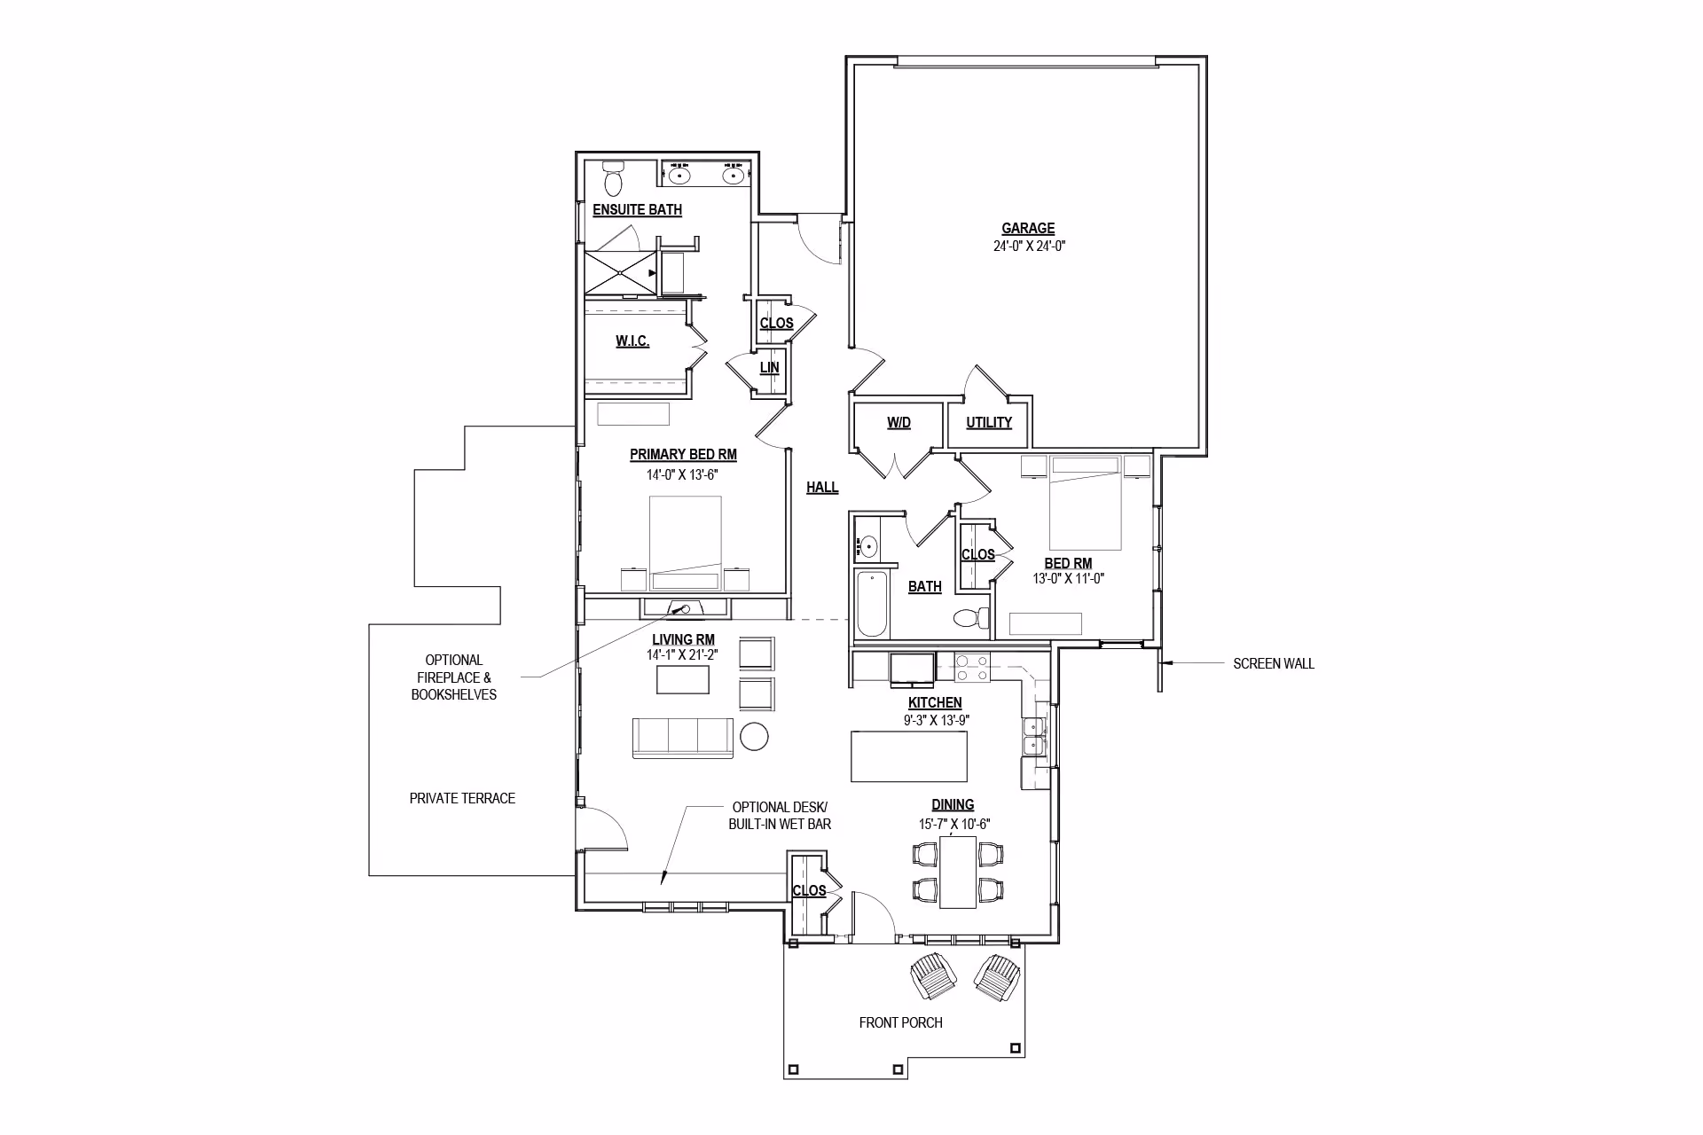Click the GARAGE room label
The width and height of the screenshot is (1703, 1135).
1028,229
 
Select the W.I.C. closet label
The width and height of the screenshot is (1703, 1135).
632,341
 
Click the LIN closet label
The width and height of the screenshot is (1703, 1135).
769,367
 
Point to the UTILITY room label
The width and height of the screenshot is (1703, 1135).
989,422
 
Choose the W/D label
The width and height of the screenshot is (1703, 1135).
899,423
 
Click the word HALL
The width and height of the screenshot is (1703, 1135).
822,487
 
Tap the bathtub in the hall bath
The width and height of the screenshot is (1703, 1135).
872,604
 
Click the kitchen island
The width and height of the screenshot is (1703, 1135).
908,755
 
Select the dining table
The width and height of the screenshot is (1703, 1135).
958,873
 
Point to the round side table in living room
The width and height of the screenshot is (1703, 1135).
754,736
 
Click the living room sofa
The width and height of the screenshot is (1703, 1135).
683,738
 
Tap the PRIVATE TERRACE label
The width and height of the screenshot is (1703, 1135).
462,798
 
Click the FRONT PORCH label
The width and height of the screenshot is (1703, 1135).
900,1022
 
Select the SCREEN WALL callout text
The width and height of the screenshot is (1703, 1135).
1274,663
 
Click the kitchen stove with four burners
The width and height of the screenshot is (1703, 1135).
971,668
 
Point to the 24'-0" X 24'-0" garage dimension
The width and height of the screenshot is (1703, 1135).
1029,247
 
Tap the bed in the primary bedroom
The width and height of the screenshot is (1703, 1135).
685,543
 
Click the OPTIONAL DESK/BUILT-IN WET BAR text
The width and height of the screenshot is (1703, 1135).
780,816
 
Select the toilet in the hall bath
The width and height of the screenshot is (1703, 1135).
971,617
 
